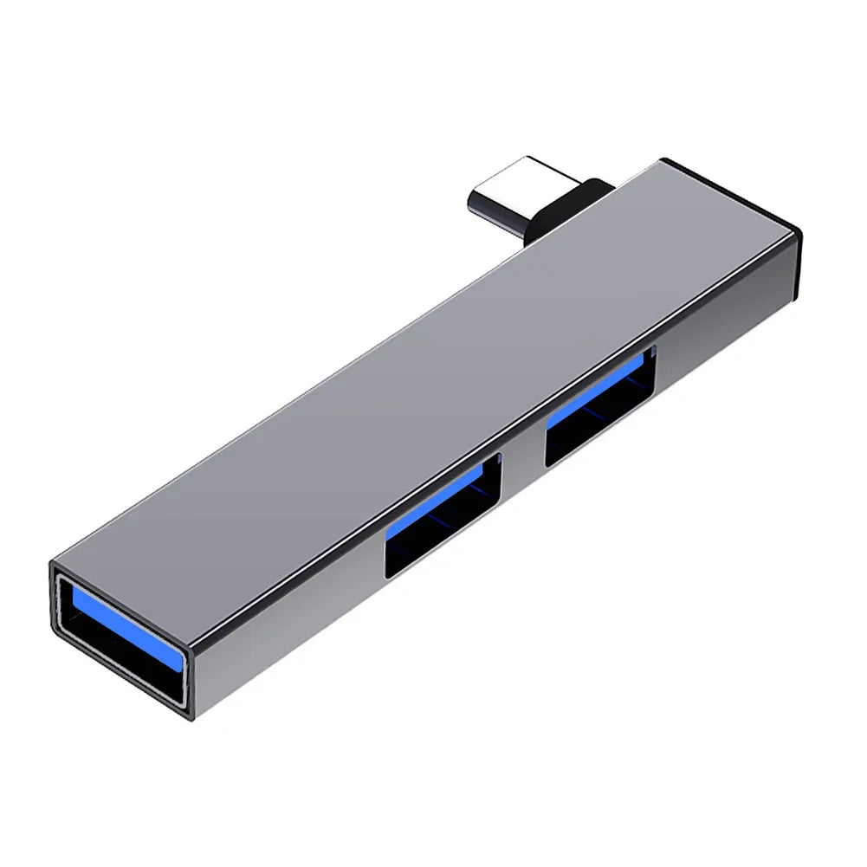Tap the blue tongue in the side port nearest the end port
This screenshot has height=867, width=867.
pyautogui.click(x=433, y=507)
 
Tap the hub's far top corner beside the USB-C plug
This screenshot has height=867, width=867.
pyautogui.click(x=663, y=159)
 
